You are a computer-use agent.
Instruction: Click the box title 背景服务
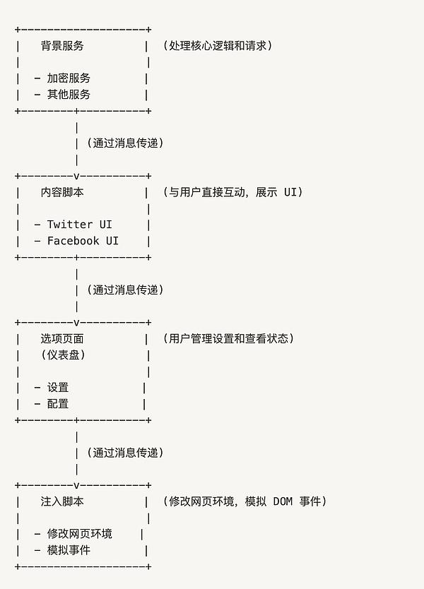[x=62, y=46]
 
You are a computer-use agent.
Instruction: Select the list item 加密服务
[x=69, y=78]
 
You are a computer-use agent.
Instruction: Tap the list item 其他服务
[x=69, y=95]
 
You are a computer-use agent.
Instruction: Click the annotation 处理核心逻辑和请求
[x=218, y=46]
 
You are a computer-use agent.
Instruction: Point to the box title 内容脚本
[x=62, y=192]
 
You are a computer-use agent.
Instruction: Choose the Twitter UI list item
[x=80, y=225]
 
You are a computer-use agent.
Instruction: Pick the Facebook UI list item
[x=83, y=241]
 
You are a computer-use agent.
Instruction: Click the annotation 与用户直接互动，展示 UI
[x=233, y=192]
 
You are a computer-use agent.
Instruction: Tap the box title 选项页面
[x=62, y=339]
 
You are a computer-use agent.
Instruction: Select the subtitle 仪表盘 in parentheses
[x=63, y=355]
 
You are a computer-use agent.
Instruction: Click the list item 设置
[x=58, y=388]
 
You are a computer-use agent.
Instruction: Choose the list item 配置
[x=58, y=404]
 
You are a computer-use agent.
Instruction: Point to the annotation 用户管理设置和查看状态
[x=228, y=339]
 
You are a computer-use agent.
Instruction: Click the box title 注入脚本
[x=62, y=501]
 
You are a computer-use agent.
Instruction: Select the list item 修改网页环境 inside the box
[x=80, y=534]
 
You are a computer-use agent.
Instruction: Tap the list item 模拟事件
[x=69, y=550]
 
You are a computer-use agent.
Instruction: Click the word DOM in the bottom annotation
[x=283, y=501]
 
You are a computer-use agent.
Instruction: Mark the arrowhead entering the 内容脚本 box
[x=77, y=176]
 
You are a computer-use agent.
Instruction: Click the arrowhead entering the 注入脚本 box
[x=77, y=485]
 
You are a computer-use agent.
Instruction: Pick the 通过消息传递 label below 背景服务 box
[x=126, y=143]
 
